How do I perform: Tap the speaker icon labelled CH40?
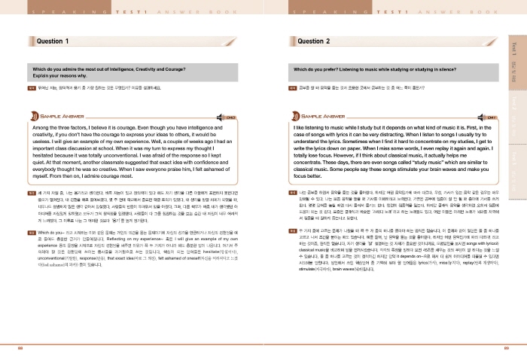pos(231,118)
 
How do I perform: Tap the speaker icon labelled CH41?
pos(491,118)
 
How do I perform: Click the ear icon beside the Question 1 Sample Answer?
pos(36,118)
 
